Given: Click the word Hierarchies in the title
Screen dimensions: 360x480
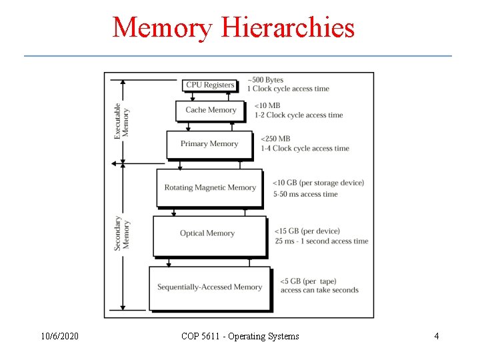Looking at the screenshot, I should [x=288, y=28].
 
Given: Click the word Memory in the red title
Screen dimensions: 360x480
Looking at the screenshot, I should [x=162, y=28].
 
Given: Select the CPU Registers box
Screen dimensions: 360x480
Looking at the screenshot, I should [x=210, y=85].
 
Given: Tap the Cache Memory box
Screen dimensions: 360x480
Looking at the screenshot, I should [x=211, y=110].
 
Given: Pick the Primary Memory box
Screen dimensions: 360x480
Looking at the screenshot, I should [x=209, y=144].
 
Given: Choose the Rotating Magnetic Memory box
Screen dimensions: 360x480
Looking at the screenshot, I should [x=210, y=187].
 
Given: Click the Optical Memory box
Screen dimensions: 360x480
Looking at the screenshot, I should [x=207, y=233].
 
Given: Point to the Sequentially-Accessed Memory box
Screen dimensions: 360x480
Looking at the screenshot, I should [x=209, y=287].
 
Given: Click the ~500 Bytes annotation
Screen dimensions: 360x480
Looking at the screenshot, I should [x=265, y=80].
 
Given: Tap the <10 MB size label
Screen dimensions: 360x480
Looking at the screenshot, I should [x=267, y=105].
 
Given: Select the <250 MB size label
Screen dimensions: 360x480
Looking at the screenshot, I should [x=275, y=139].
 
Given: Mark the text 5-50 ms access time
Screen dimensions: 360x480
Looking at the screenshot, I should [x=305, y=194].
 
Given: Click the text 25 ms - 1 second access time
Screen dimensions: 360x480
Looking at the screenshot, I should [x=321, y=241].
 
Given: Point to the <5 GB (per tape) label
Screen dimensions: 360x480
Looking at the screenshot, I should [x=308, y=281].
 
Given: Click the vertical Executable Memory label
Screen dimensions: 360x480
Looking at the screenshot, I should [x=121, y=120].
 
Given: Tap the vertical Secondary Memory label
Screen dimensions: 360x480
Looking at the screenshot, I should [x=121, y=233].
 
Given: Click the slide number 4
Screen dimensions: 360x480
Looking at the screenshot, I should [x=437, y=336].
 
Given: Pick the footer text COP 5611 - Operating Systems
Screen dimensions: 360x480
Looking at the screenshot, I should [x=240, y=336].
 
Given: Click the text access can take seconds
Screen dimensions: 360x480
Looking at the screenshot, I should [x=319, y=290].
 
